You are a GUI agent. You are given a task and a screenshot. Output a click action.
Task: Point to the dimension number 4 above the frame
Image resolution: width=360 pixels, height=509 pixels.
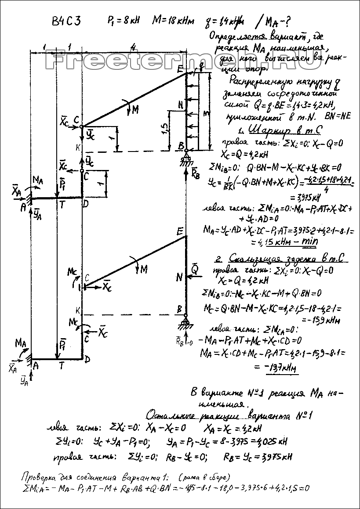[x=133, y=45]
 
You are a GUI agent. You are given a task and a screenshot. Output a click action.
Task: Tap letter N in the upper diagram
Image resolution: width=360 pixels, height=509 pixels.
[x=180, y=104]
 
